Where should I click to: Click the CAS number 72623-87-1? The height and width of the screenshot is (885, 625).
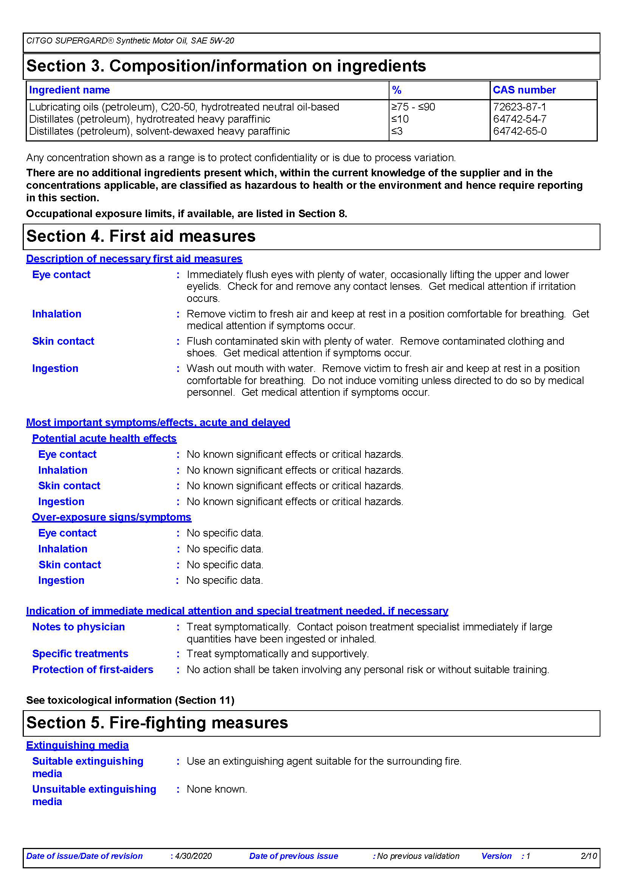click(x=519, y=107)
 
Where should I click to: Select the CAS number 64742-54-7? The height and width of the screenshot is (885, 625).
click(x=520, y=119)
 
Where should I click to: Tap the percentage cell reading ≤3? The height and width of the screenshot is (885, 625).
click(x=397, y=131)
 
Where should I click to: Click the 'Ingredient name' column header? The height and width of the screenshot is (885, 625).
click(x=69, y=90)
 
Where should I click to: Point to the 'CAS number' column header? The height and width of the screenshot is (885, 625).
click(x=524, y=90)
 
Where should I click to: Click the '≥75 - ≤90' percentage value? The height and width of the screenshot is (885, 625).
click(x=413, y=107)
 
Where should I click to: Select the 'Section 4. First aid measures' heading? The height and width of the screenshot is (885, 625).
click(x=141, y=236)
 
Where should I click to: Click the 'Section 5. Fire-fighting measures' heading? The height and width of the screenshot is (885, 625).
click(x=157, y=722)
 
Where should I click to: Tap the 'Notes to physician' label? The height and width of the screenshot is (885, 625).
click(x=79, y=627)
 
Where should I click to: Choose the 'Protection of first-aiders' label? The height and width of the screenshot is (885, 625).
click(x=93, y=670)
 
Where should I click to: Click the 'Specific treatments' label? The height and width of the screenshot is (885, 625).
click(x=80, y=654)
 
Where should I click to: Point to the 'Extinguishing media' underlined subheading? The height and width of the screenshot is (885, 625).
click(x=78, y=745)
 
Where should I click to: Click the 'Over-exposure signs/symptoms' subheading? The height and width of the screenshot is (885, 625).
click(x=112, y=517)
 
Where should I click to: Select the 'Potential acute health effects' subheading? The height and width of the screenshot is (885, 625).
click(x=104, y=438)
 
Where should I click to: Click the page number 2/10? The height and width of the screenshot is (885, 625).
click(x=588, y=856)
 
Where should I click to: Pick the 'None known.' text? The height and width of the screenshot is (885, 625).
click(x=217, y=789)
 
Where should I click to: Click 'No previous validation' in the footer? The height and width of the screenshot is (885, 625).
click(x=418, y=856)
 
